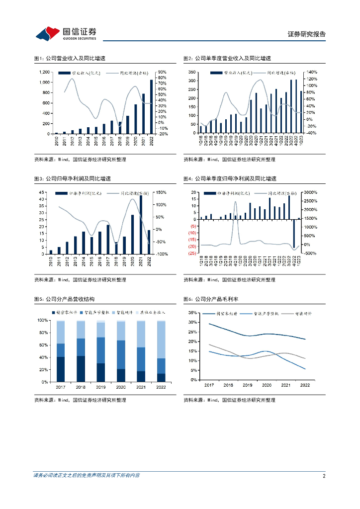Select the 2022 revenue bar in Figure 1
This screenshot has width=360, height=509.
151,106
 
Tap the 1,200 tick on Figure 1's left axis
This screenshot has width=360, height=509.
44,72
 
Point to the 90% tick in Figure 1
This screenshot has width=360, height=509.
162,72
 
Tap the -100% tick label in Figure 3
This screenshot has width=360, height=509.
162,254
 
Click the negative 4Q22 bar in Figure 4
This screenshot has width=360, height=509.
294,233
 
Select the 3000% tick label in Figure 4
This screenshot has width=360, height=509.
311,192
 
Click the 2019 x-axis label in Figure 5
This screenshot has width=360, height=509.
101,386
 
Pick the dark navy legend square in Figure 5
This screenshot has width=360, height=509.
53,313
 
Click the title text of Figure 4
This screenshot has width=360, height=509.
230,178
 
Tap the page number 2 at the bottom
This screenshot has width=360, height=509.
324,476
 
